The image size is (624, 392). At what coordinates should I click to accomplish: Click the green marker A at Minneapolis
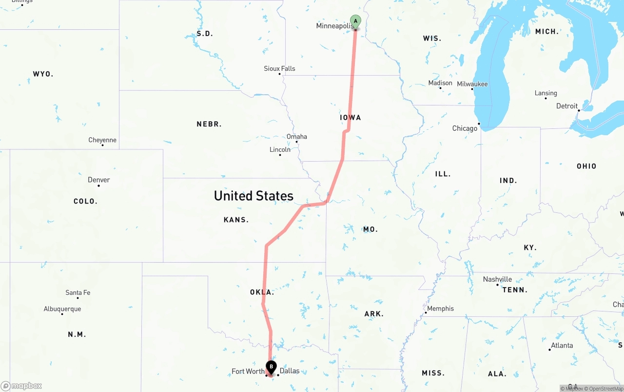click(x=356, y=21)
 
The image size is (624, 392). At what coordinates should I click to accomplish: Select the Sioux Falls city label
click(x=279, y=68)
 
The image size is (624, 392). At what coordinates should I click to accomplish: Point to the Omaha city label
click(x=297, y=137)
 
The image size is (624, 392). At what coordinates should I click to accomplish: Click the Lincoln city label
click(x=280, y=149)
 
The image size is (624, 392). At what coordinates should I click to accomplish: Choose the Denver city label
click(x=98, y=180)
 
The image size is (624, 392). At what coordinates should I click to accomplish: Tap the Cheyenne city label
click(x=102, y=140)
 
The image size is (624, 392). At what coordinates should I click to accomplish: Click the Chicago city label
click(x=465, y=128)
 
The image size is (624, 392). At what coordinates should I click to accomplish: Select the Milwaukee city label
click(x=472, y=84)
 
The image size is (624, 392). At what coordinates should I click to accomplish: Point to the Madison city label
click(x=440, y=83)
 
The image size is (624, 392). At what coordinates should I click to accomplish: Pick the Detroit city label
click(x=567, y=106)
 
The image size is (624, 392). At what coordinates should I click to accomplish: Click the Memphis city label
click(x=440, y=309)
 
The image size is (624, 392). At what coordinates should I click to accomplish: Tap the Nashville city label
click(x=497, y=279)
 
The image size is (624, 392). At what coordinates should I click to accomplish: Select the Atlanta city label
click(x=562, y=345)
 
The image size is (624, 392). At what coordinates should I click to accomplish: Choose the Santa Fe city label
click(x=78, y=293)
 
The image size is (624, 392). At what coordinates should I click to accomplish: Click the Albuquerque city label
click(x=62, y=309)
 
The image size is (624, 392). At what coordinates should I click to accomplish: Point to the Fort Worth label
click(x=248, y=371)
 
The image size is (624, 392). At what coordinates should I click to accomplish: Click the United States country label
click(x=253, y=196)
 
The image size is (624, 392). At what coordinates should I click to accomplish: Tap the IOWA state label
click(x=351, y=118)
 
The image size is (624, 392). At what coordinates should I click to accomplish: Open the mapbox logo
click(x=21, y=386)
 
